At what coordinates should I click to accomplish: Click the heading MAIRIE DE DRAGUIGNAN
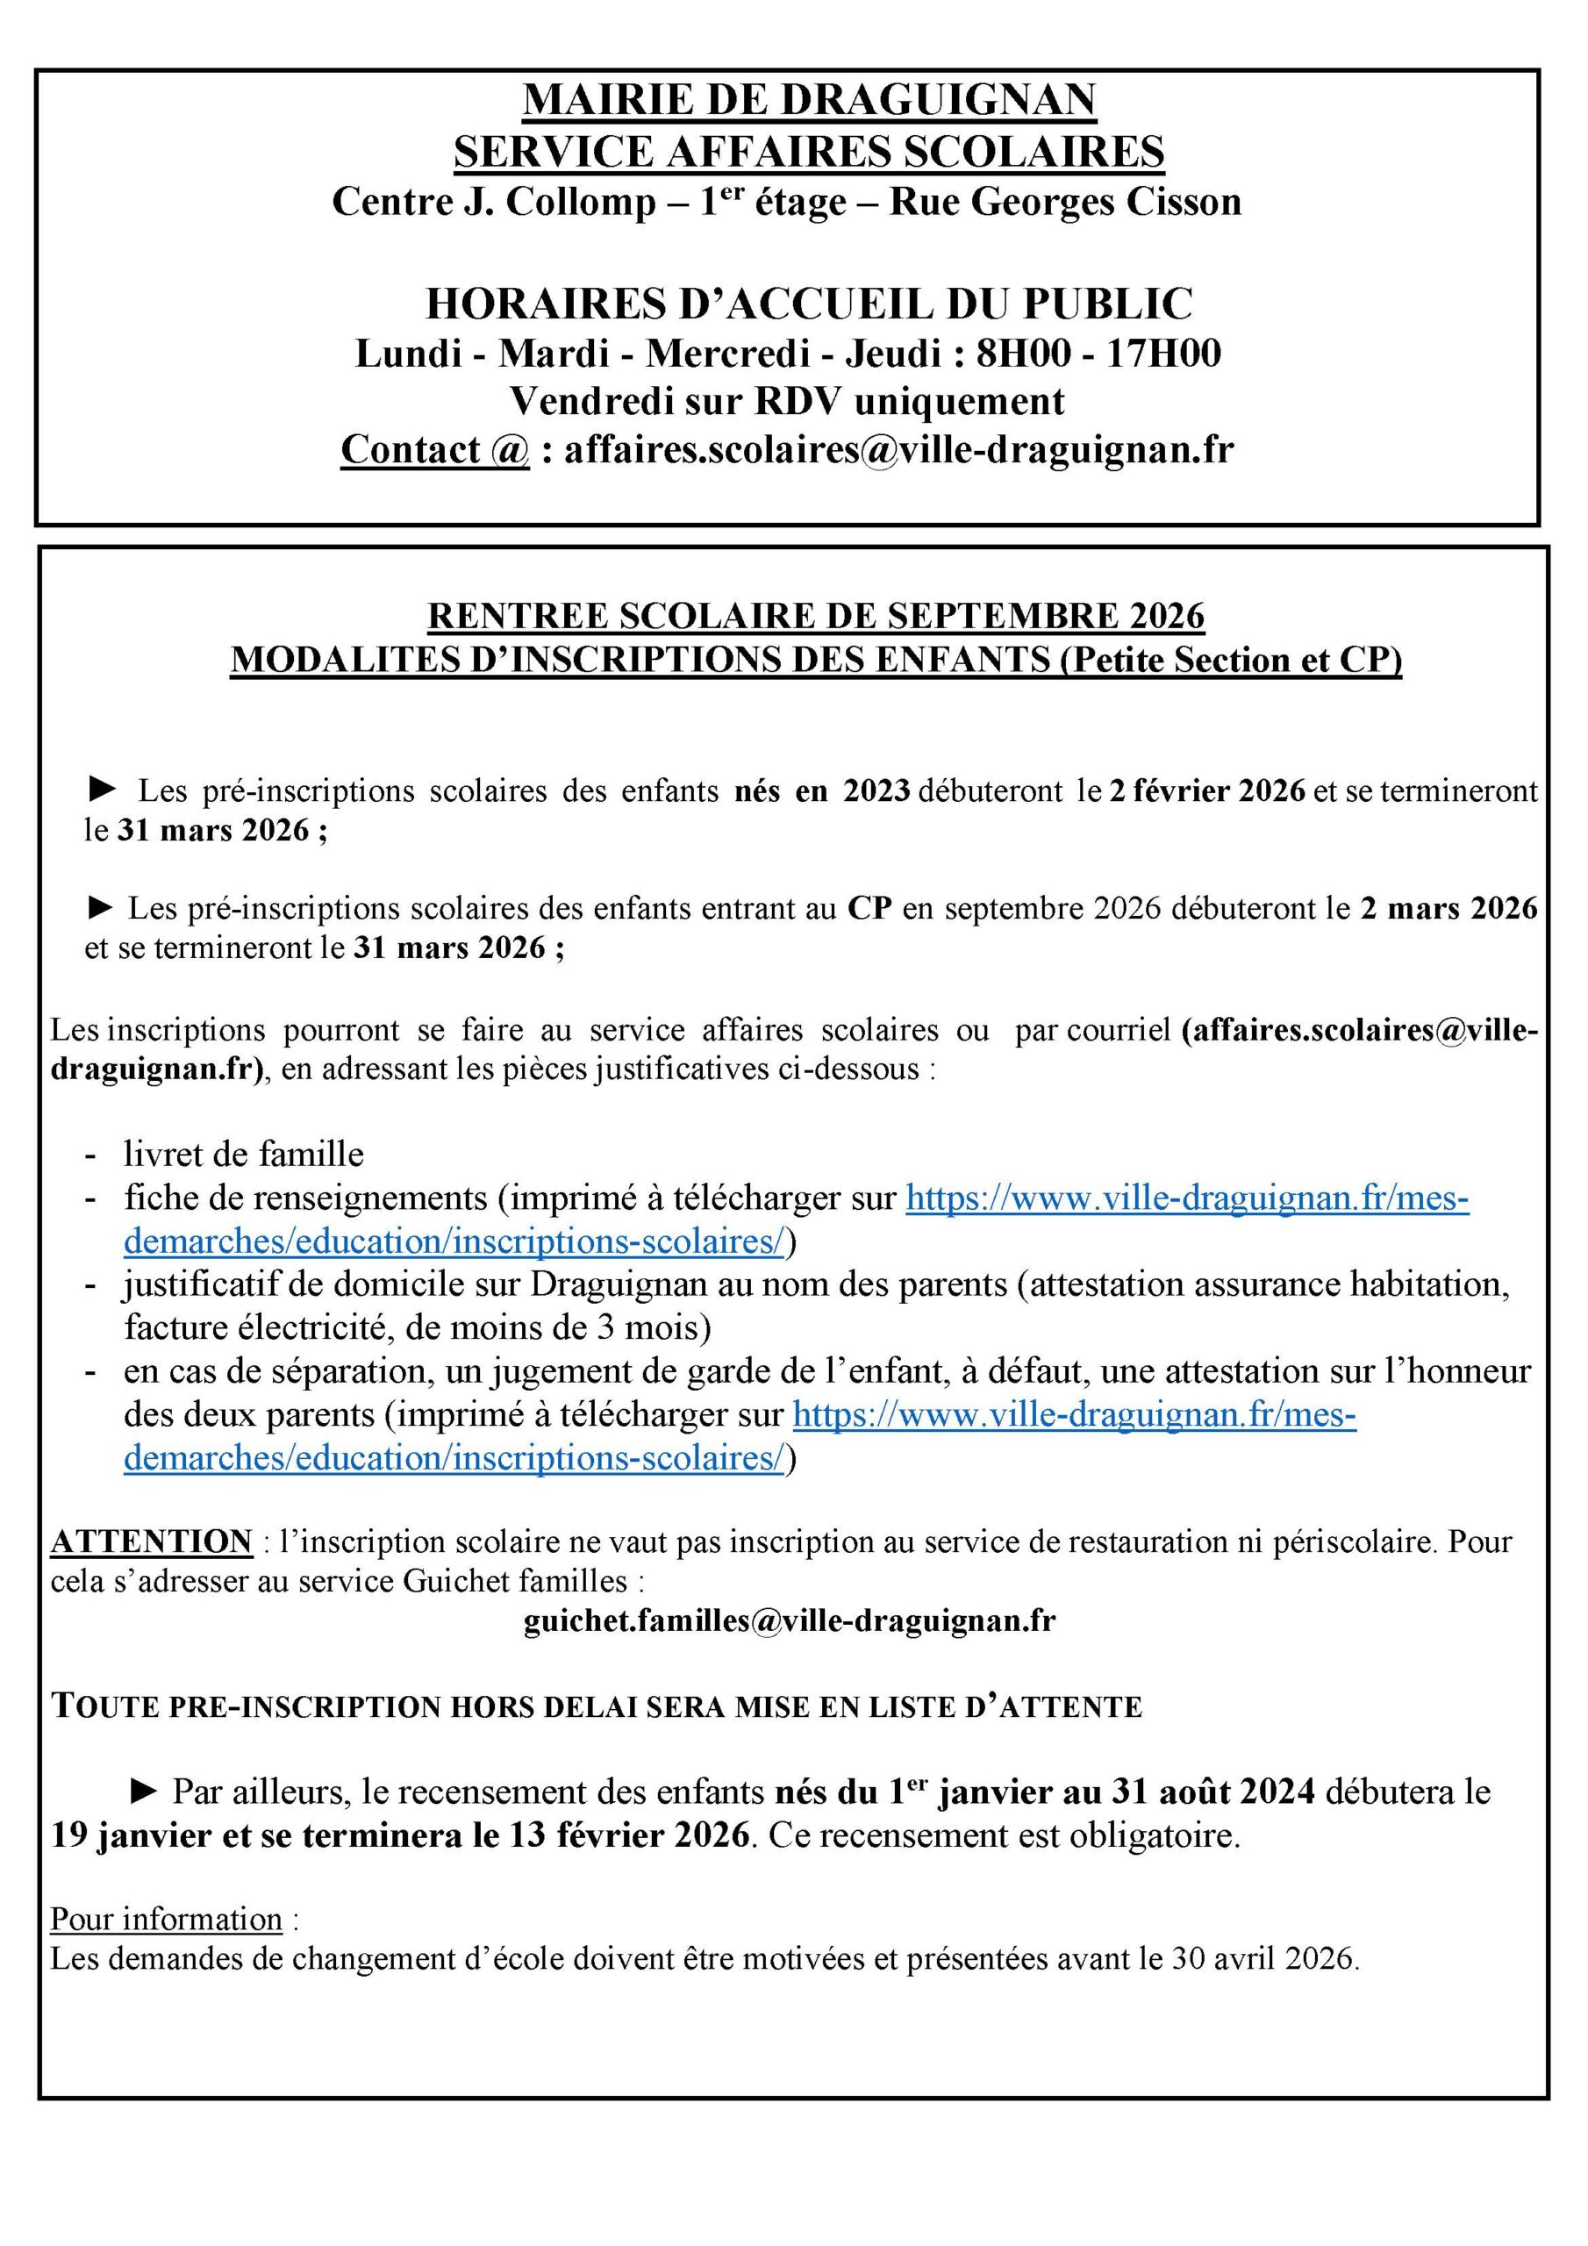[809, 100]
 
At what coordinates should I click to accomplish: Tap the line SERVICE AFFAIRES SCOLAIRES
[809, 152]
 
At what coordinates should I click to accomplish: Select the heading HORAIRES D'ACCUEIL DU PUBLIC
[809, 304]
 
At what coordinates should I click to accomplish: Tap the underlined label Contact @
[434, 449]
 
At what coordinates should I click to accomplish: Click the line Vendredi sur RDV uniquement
[788, 401]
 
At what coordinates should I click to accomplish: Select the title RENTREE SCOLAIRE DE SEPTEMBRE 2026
[816, 615]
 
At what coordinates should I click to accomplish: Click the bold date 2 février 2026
[1206, 790]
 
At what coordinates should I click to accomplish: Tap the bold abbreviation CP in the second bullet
[869, 909]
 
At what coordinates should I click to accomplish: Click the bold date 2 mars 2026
[1449, 909]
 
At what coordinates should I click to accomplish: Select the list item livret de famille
[244, 1155]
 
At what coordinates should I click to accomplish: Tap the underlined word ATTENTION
[152, 1541]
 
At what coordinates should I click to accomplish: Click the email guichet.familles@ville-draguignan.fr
[790, 1621]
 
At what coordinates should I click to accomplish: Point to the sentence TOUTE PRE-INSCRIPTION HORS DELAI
[596, 1707]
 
